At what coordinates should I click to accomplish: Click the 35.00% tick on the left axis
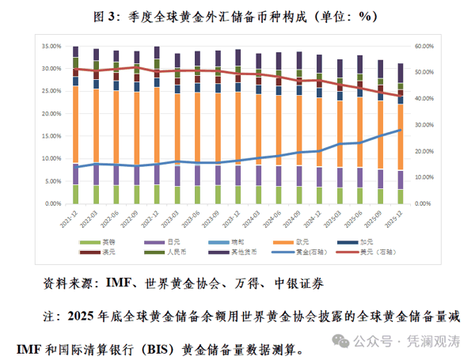click(52, 47)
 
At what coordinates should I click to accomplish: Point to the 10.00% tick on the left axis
click(52, 158)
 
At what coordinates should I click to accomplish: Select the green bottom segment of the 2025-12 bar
click(400, 196)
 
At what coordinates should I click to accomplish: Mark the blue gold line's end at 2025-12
click(400, 130)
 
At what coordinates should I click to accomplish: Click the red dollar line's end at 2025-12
click(400, 96)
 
